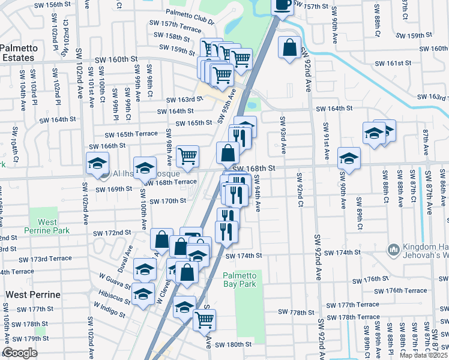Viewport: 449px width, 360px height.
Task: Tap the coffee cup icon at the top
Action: [282, 5]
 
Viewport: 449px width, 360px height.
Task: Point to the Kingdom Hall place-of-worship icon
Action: [394, 248]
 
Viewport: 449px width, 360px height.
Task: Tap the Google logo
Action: [20, 353]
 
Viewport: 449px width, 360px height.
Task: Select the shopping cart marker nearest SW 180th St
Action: [205, 321]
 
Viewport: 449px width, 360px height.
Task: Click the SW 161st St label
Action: [394, 63]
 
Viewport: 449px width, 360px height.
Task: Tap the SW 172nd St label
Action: [112, 232]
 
